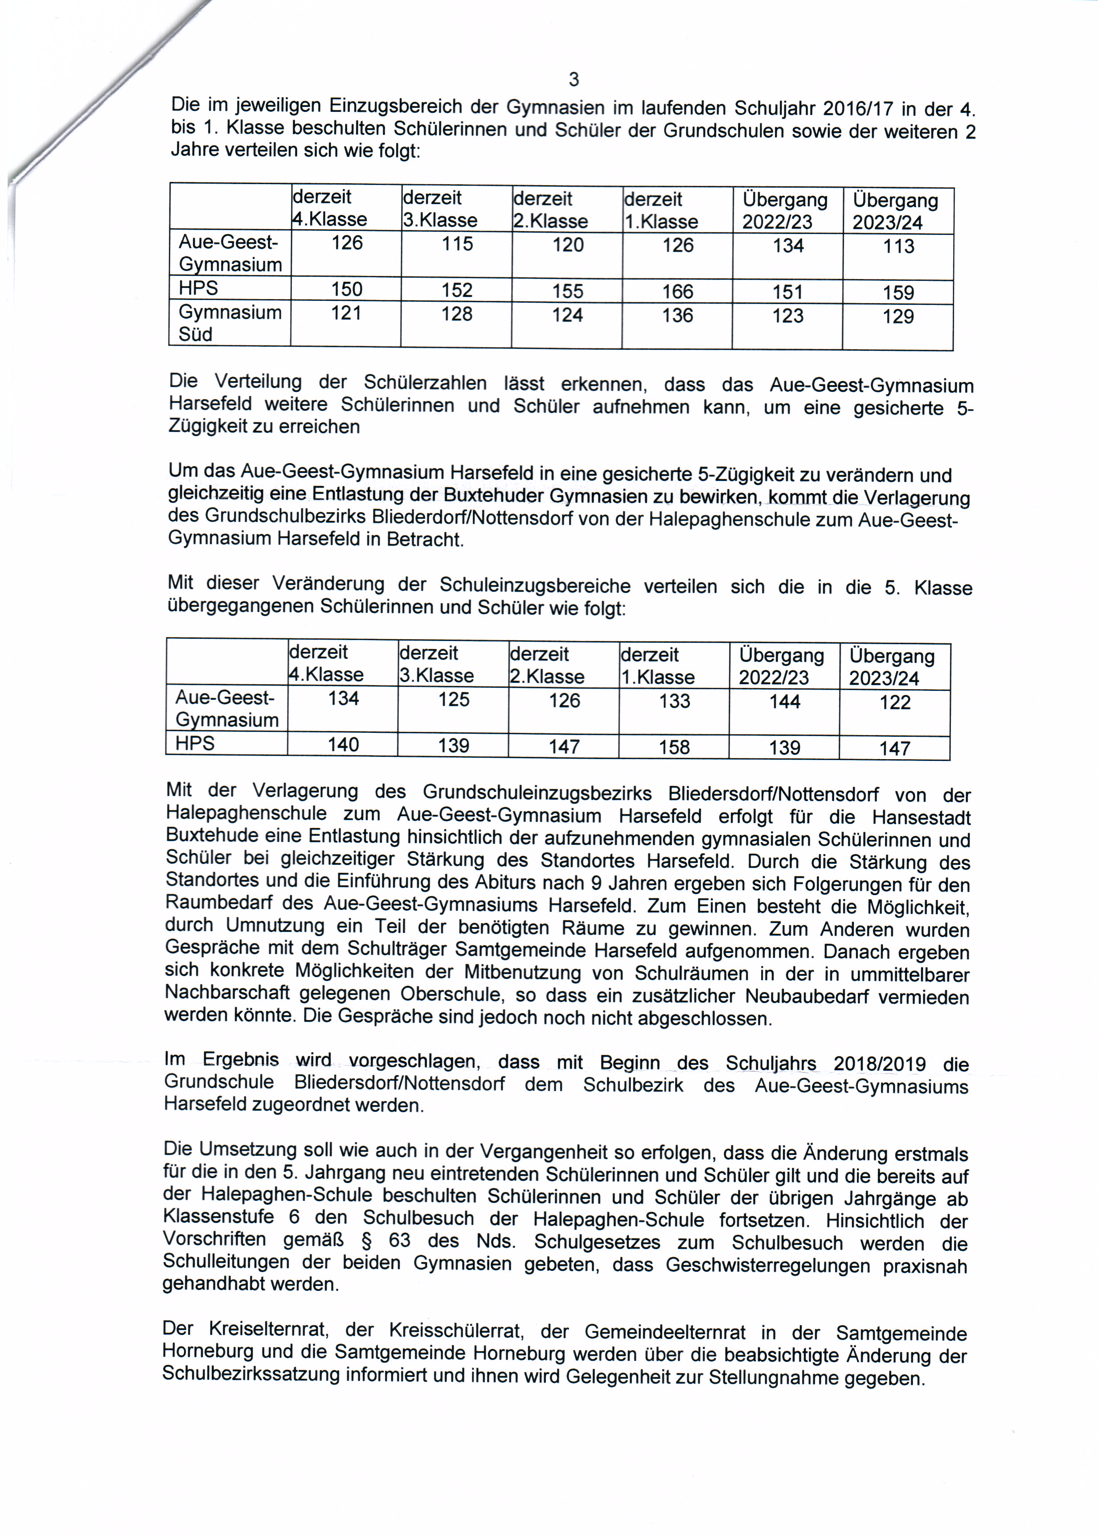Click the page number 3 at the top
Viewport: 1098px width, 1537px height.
[574, 80]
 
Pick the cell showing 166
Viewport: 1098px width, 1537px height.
[677, 292]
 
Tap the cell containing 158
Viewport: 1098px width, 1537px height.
[674, 747]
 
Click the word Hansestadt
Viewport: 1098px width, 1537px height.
[921, 818]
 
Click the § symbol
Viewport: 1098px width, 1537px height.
[366, 1241]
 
